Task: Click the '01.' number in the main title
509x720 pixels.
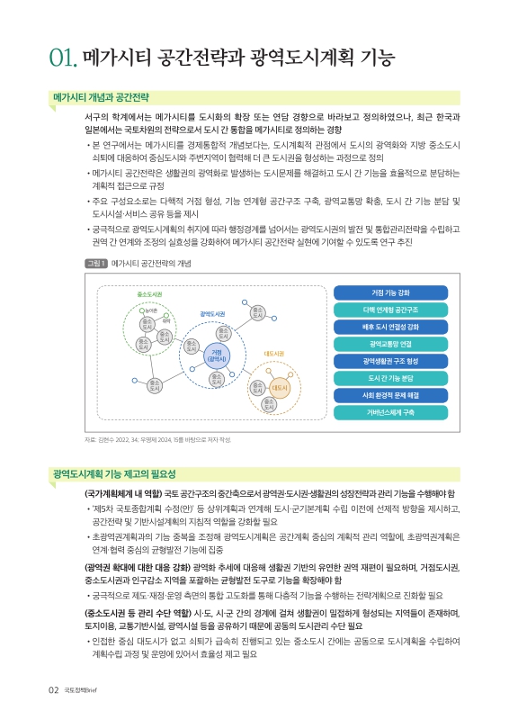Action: [x=65, y=60]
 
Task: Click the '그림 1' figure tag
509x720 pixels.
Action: [x=70, y=264]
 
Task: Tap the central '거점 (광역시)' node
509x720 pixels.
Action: [x=216, y=355]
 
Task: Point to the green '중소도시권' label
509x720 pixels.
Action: [x=149, y=294]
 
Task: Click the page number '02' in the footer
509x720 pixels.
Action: [x=54, y=691]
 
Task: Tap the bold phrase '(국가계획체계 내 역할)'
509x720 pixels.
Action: [x=123, y=495]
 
